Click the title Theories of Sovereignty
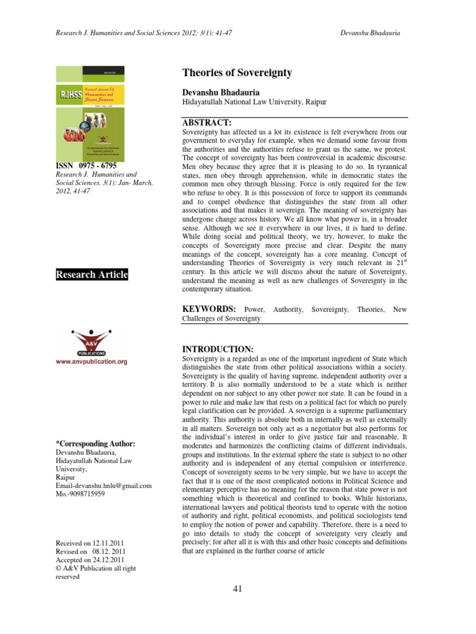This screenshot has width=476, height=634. [x=237, y=73]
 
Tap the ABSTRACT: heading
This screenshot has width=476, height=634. [x=207, y=123]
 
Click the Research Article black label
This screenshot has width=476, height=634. [x=92, y=274]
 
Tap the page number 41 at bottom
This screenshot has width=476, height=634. [x=237, y=588]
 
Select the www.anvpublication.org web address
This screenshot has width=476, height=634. [x=92, y=361]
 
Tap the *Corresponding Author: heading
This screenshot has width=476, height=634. [x=95, y=444]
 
